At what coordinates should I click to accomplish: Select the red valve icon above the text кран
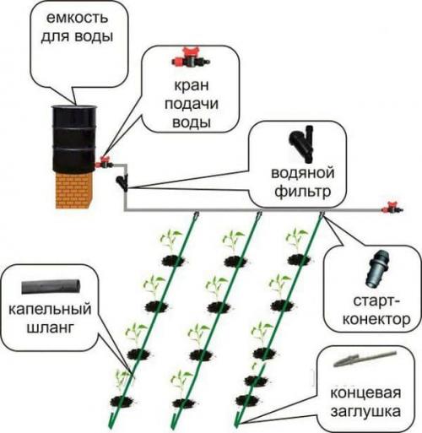click(192, 59)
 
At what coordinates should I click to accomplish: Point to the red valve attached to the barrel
click(105, 160)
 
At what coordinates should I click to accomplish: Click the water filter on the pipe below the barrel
click(124, 180)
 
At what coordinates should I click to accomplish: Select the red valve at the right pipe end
click(391, 207)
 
